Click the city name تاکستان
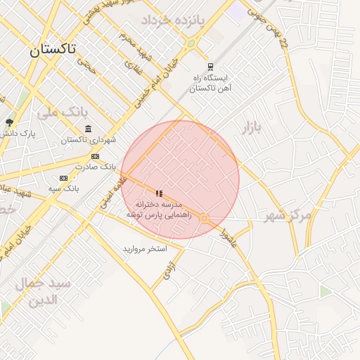[x=53, y=51]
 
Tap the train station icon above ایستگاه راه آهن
[x=210, y=67]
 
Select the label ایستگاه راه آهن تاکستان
[x=210, y=83]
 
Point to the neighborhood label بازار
[x=251, y=128]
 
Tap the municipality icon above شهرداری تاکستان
[x=88, y=129]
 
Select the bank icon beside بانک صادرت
[x=96, y=156]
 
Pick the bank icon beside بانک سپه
[x=63, y=178]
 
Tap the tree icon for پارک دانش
[x=9, y=122]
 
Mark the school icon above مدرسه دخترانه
[x=160, y=193]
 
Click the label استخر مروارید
[x=145, y=249]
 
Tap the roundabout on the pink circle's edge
[x=204, y=219]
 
